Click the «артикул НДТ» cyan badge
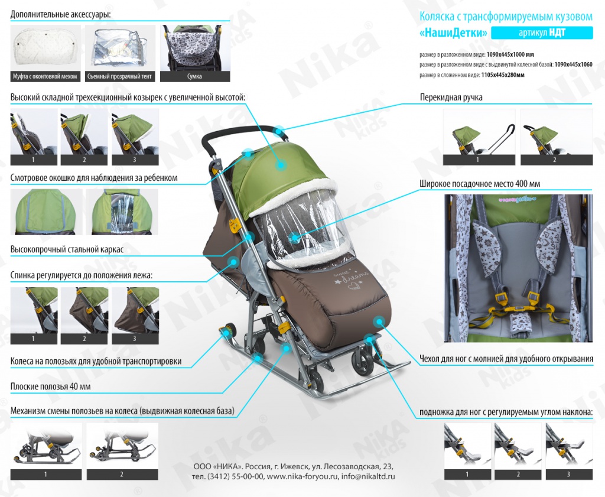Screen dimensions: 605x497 pyautogui.click(x=542, y=33)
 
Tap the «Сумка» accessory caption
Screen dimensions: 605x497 pyautogui.click(x=195, y=76)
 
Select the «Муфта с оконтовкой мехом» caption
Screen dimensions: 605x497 pyautogui.click(x=45, y=76)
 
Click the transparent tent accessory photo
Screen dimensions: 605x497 pyautogui.click(x=120, y=48)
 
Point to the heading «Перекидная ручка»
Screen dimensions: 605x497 pyautogui.click(x=451, y=98)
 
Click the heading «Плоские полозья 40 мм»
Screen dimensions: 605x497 pyautogui.click(x=51, y=386)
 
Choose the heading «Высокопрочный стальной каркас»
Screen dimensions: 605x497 pyautogui.click(x=67, y=249)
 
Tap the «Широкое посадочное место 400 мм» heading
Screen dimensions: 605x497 pyautogui.click(x=480, y=184)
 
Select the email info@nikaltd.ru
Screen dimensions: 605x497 pyautogui.click(x=368, y=476)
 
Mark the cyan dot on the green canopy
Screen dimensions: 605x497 pyautogui.click(x=281, y=165)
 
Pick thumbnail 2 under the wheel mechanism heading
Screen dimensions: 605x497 pyautogui.click(x=122, y=451)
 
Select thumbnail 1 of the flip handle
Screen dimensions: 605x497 pyautogui.click(x=479, y=137)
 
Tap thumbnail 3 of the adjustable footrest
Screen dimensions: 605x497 pyautogui.click(x=569, y=451)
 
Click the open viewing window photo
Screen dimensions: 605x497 pyautogui.click(x=122, y=212)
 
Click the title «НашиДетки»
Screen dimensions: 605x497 pyautogui.click(x=453, y=33)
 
